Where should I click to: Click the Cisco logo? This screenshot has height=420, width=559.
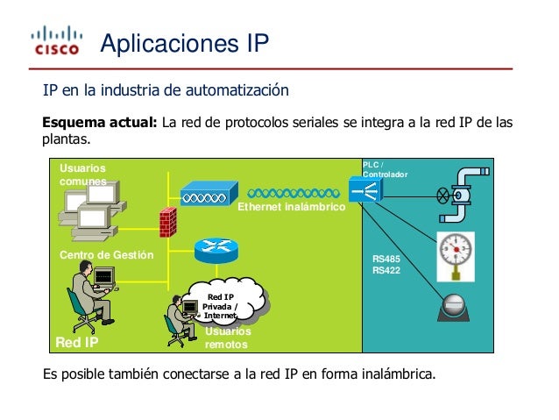tap(56, 41)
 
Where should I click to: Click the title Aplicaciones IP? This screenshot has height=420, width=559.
tap(184, 43)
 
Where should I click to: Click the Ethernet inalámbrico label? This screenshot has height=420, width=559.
tap(292, 208)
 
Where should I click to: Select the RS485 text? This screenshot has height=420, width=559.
tap(386, 260)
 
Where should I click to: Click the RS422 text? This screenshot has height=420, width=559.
tap(386, 271)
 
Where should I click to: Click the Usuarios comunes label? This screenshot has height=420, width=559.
tap(82, 174)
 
